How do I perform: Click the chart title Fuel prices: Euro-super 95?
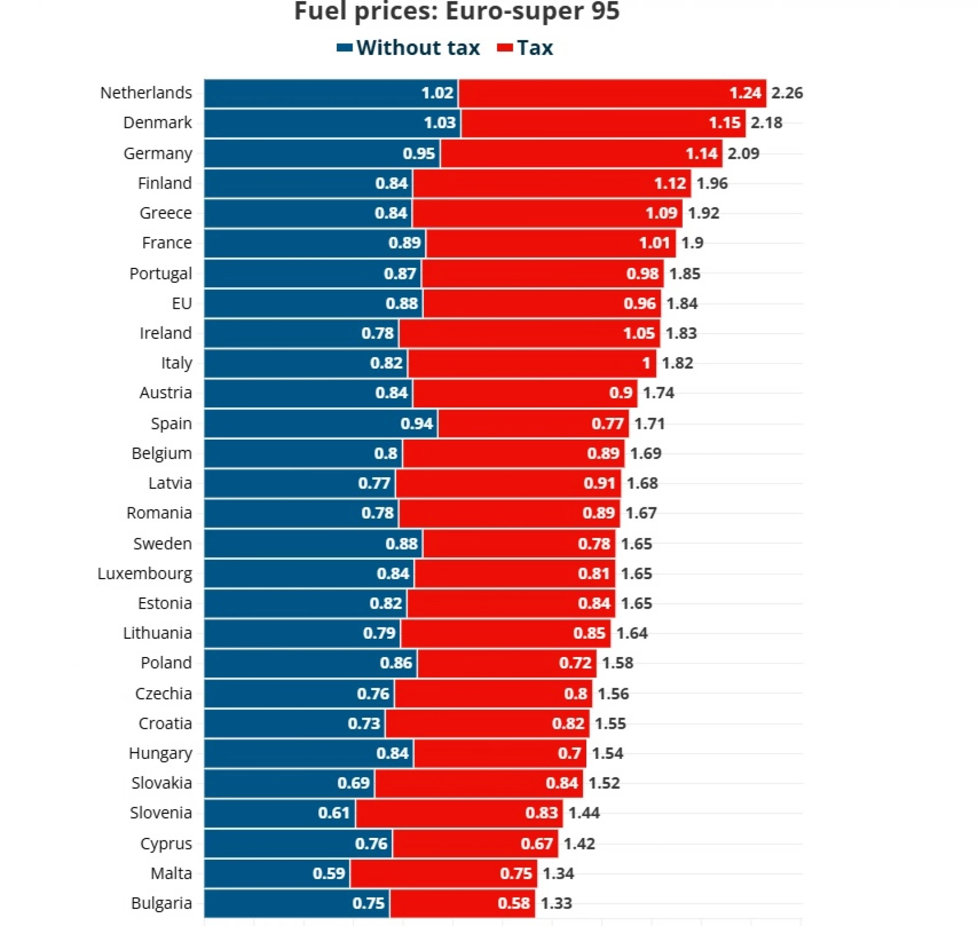pos(456,11)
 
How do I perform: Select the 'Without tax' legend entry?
pos(409,48)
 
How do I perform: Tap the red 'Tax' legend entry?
pos(525,48)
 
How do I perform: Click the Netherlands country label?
pos(146,93)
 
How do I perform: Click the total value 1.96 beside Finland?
pos(712,183)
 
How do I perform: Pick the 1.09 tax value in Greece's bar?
pos(661,213)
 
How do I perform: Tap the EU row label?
pos(181,304)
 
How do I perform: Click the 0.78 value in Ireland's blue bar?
pos(377,333)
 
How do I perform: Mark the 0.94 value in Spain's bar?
pos(417,423)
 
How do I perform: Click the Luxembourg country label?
pos(145,574)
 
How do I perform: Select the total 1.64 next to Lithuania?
pos(632,633)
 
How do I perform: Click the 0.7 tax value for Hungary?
pos(569,753)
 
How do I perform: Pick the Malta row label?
pos(171,874)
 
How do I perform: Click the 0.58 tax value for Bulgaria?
pos(513,904)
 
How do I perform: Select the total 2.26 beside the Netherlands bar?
pos(786,93)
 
